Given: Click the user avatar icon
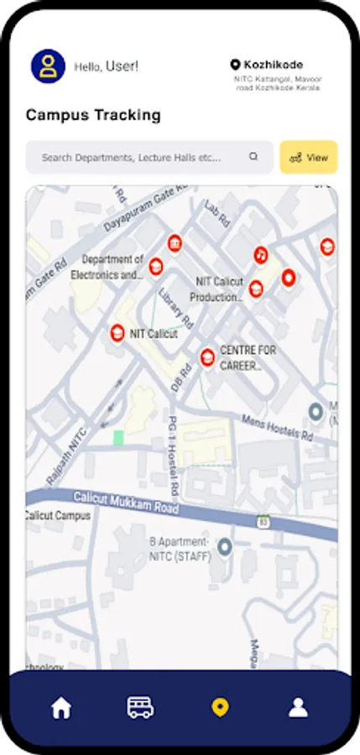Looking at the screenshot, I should point(48,66).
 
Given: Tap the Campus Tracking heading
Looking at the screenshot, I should point(93,115).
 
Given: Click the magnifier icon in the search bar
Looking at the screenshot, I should point(253,157).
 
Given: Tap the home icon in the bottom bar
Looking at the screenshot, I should point(61,708).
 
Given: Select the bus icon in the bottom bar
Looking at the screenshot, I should point(140,708).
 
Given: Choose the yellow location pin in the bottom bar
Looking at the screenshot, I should point(219,708).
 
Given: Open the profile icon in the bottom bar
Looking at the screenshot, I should point(298,708).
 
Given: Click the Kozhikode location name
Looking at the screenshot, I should point(273,65).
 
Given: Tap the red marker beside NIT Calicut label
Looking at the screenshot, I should point(117,333).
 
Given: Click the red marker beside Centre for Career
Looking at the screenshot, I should point(206,357).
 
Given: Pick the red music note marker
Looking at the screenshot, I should point(260,253).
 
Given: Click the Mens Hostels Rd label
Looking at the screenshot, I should point(276,427).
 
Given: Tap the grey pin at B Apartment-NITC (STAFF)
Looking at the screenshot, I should point(224,548).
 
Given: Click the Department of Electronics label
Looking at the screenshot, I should point(112,267).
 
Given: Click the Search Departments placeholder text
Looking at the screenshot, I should point(132,157).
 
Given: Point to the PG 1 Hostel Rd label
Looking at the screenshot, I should point(173,453).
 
